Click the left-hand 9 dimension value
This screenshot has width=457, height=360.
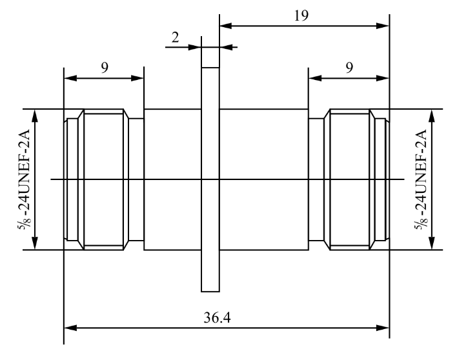click(x=104, y=68)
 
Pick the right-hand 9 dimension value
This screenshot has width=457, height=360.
click(x=349, y=68)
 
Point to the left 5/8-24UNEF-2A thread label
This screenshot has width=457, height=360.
click(x=25, y=179)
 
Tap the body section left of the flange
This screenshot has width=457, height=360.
click(x=172, y=179)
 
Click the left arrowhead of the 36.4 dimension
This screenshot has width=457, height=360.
click(x=68, y=328)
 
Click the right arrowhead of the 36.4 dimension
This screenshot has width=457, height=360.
click(x=385, y=328)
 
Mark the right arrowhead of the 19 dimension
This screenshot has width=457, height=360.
click(x=385, y=26)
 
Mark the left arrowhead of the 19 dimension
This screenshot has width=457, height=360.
click(x=224, y=26)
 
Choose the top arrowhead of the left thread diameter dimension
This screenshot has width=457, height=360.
click(x=36, y=114)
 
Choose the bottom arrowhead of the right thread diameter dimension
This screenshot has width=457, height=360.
click(x=431, y=245)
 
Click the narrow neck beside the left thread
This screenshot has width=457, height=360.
click(x=136, y=179)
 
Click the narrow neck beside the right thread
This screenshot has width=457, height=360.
click(x=316, y=179)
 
